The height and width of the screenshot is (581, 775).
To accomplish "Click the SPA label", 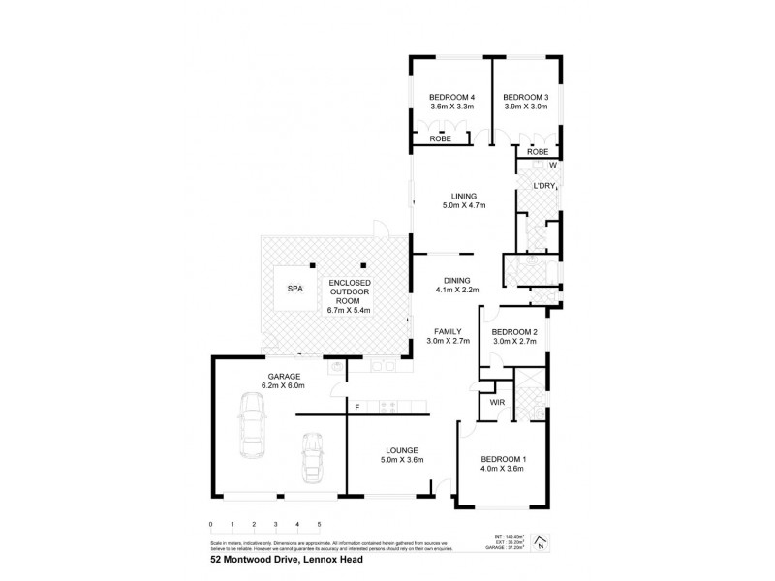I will click(292, 289).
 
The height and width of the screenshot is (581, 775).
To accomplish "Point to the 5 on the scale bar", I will click(319, 524).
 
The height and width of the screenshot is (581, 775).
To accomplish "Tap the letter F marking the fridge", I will click(357, 407).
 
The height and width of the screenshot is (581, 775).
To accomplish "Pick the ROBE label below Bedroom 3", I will click(538, 152).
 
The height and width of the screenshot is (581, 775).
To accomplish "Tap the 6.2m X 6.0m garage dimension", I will click(282, 386).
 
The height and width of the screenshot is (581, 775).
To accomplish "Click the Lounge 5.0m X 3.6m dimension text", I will click(401, 461).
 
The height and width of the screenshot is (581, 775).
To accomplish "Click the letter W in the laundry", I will click(551, 166).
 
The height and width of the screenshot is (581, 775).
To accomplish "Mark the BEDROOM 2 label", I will click(514, 330).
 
